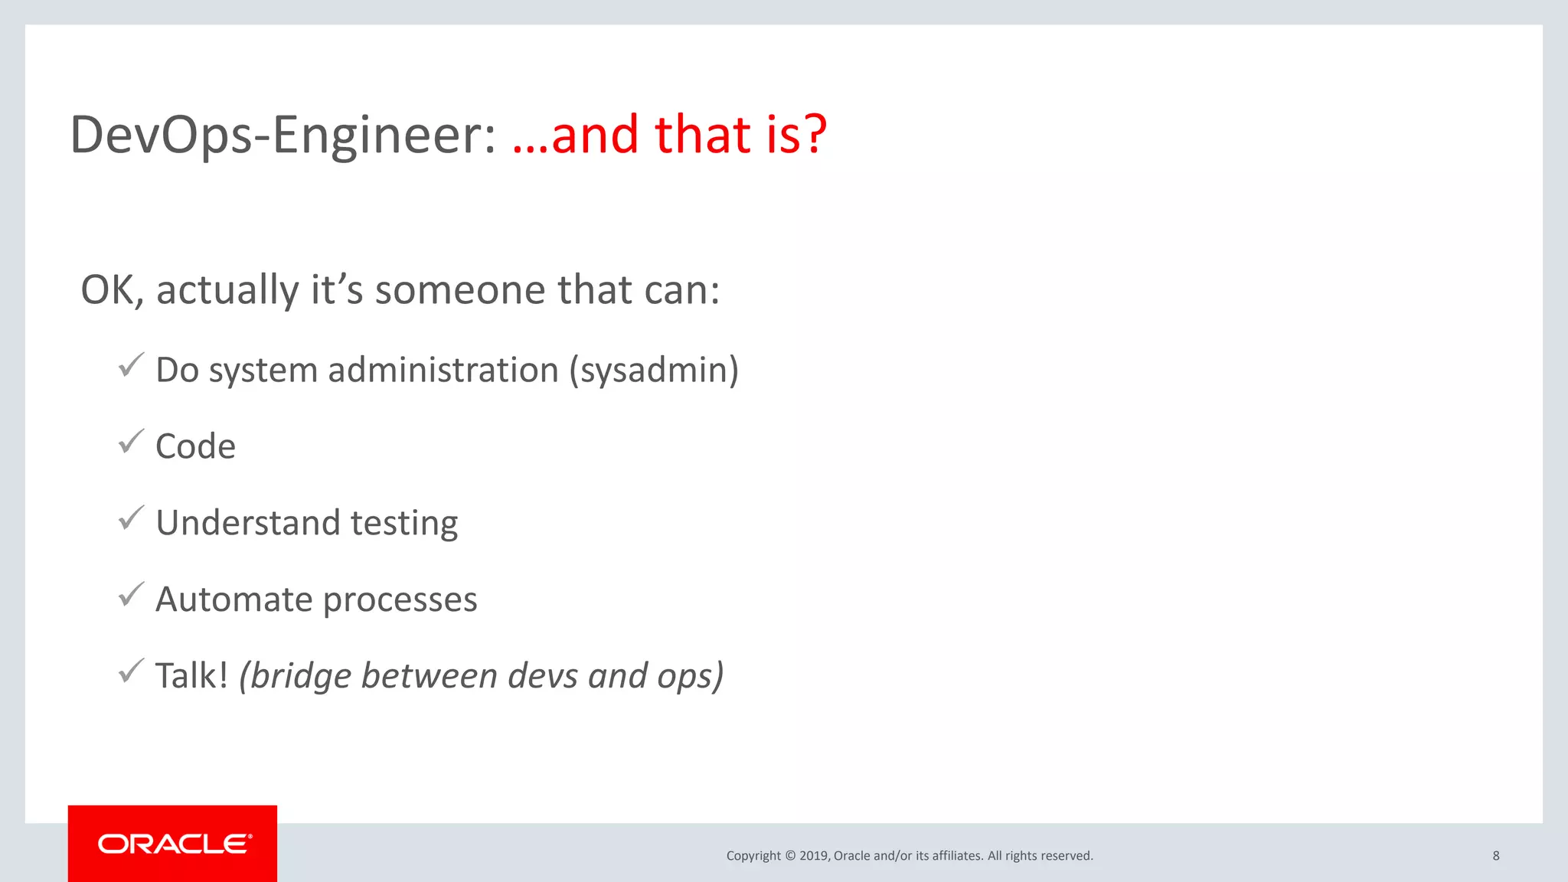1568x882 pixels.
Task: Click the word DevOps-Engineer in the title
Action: [283, 135]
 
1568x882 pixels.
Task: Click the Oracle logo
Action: [173, 844]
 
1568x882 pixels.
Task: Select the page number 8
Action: [1495, 855]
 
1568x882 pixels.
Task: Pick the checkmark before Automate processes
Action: [132, 594]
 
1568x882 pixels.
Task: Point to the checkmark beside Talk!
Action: [132, 671]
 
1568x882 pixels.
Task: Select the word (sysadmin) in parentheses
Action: [654, 371]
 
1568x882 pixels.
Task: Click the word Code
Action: [195, 446]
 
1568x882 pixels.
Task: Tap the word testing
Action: [403, 524]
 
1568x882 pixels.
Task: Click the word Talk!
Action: [191, 676]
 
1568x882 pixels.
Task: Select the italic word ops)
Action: [691, 676]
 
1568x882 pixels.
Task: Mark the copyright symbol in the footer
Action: [790, 856]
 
